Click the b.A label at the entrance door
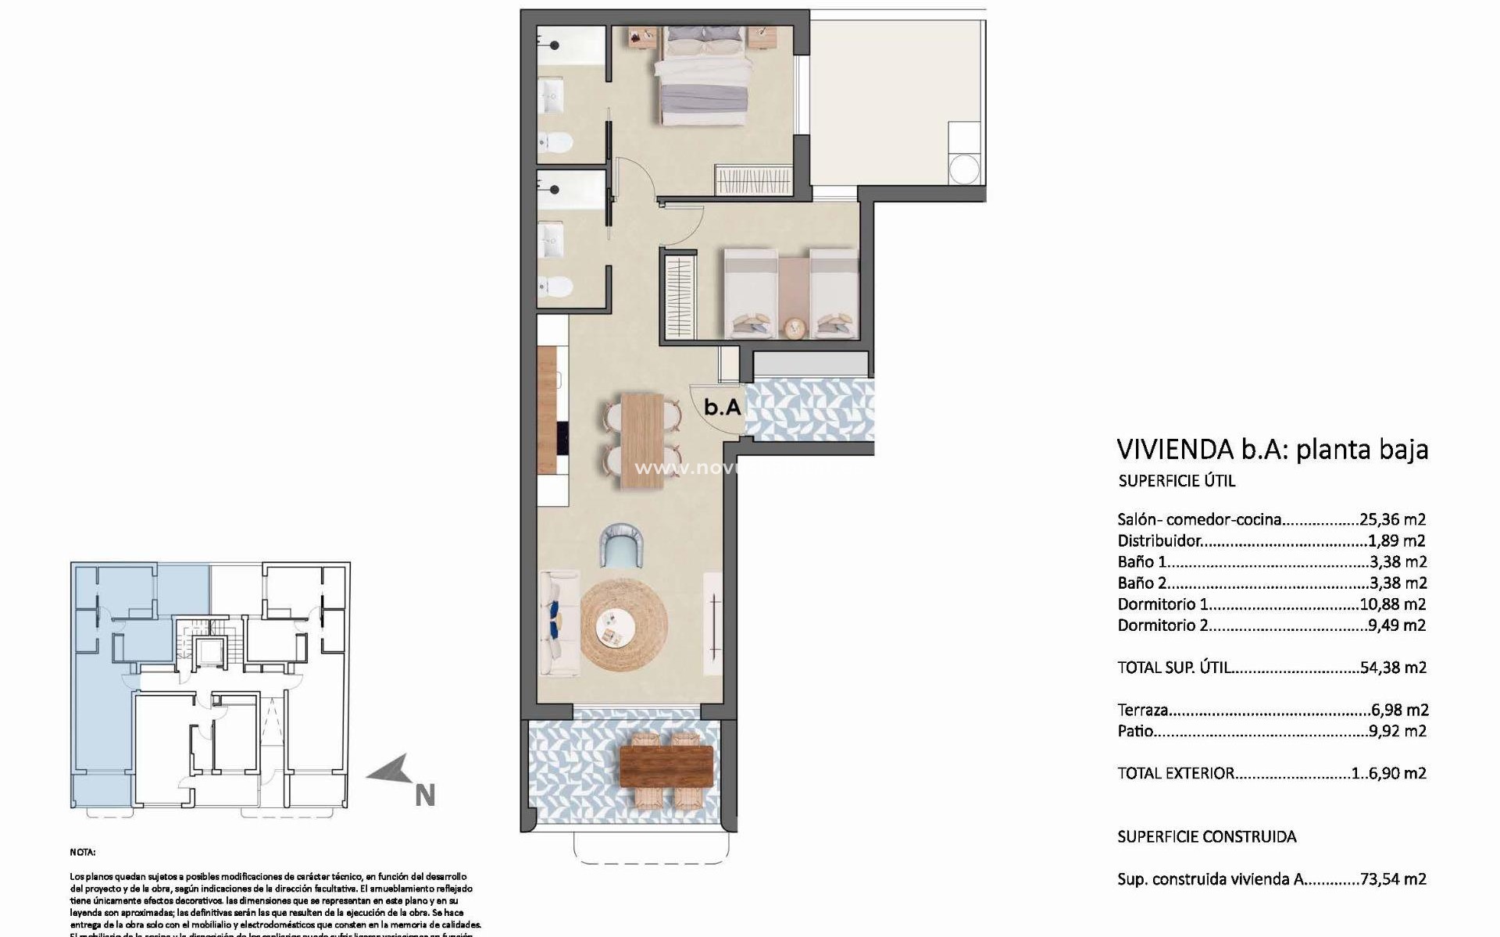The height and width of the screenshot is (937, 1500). (x=722, y=407)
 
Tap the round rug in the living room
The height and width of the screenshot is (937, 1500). (x=623, y=625)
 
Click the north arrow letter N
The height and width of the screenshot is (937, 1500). (x=424, y=796)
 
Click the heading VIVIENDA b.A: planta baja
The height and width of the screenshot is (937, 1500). (x=1272, y=449)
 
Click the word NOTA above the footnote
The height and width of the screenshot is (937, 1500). (x=82, y=853)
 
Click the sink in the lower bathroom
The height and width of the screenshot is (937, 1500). (x=552, y=238)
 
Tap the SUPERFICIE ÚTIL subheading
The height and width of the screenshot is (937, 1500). (x=1177, y=481)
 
